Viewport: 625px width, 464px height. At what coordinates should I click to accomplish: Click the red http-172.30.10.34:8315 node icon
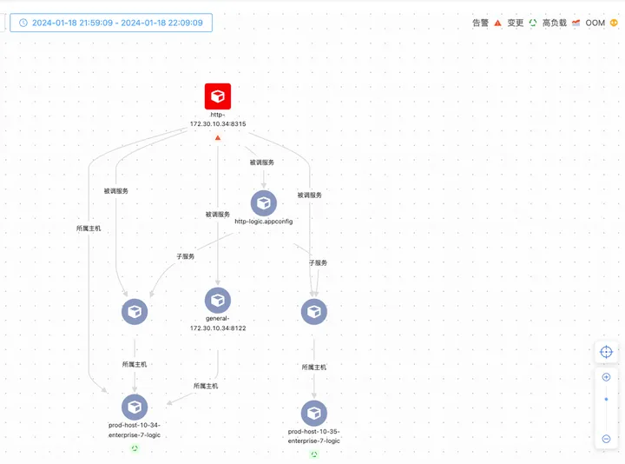point(218,96)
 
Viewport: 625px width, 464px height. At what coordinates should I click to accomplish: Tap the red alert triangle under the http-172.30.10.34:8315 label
point(218,137)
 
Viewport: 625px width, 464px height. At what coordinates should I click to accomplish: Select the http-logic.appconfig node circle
point(264,203)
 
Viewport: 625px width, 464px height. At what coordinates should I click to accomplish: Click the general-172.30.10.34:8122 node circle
point(218,301)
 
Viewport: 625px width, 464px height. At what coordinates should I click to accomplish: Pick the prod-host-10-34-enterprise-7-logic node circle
point(135,406)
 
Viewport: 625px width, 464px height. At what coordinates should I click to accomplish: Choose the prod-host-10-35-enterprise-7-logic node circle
point(314,413)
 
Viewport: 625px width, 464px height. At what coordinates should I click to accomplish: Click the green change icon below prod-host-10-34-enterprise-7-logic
point(135,448)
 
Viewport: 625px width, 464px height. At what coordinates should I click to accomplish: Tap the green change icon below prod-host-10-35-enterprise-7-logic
point(314,454)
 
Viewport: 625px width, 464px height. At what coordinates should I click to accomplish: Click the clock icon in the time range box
point(23,23)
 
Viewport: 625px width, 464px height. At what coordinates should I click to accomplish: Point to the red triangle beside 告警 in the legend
point(498,23)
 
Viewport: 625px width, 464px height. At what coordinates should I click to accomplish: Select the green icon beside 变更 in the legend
point(533,23)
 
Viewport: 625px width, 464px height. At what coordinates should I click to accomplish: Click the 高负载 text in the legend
point(554,23)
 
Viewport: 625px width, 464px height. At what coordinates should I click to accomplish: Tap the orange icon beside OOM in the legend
point(614,23)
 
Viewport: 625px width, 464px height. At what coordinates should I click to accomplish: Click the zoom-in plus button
point(606,377)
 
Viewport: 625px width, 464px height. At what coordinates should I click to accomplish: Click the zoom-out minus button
point(606,439)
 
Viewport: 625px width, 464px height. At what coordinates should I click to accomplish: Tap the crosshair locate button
point(606,352)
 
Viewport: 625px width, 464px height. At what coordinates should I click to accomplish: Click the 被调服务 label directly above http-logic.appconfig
point(262,162)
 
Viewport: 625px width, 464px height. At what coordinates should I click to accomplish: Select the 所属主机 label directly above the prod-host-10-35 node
point(314,368)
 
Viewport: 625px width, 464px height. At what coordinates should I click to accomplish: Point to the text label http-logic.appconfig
point(264,222)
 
